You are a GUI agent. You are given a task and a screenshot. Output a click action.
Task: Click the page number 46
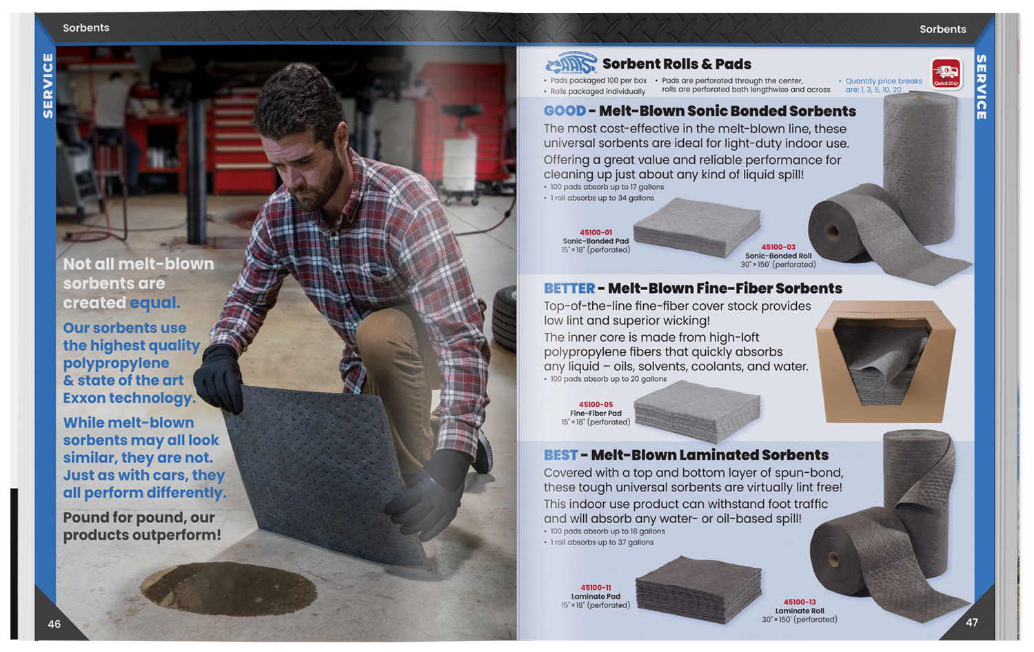point(54,624)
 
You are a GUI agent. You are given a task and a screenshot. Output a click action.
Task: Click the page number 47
point(972,622)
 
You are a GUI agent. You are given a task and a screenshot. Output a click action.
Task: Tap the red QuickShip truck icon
point(946,73)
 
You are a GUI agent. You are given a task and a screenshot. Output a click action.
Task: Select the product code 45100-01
point(596,232)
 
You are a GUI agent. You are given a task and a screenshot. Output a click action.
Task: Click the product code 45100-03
point(778,247)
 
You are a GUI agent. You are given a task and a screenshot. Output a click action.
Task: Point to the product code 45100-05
point(596,405)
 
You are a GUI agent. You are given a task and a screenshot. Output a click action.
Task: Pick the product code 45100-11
point(596,588)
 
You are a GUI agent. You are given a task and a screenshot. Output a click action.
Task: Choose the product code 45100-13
point(800,602)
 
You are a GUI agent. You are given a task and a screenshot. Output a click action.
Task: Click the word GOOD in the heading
point(565,111)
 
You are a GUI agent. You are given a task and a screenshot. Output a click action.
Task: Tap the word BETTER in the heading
point(569,288)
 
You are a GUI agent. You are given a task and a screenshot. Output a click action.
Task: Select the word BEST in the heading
point(560,455)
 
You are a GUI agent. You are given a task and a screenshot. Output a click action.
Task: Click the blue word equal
point(154,303)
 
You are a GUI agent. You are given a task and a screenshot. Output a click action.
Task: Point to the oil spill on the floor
point(229,589)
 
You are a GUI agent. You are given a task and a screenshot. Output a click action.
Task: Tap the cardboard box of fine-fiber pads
point(885,361)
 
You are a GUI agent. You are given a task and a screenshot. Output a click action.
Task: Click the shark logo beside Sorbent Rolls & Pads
point(571,63)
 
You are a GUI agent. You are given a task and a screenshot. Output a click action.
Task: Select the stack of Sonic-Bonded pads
point(697,227)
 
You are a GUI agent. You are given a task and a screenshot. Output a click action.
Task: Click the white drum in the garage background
point(459,161)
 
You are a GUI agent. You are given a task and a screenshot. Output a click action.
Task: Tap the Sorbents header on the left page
point(86,28)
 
